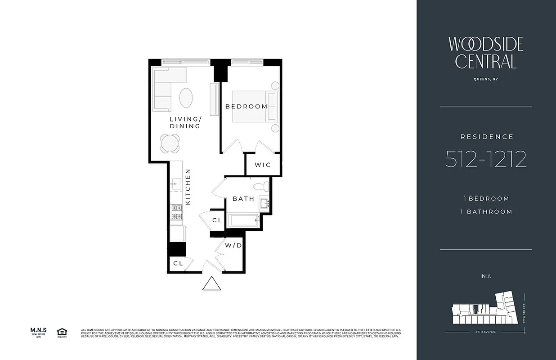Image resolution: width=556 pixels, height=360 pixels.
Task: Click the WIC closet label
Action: [x=263, y=165]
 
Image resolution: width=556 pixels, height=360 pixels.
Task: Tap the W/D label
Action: [x=234, y=246]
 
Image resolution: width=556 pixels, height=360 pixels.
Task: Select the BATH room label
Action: [x=243, y=198]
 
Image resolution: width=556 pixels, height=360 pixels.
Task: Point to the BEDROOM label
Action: [x=247, y=107]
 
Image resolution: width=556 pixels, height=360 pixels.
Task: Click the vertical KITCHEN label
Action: [x=188, y=187]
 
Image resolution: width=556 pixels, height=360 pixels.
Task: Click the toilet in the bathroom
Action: [x=260, y=186]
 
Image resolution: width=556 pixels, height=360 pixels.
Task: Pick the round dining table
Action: [x=170, y=144]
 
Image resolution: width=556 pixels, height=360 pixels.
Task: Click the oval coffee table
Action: [x=187, y=97]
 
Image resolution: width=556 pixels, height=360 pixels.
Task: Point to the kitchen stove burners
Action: [x=176, y=212]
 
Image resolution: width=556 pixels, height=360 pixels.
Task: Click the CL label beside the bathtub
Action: [x=217, y=220]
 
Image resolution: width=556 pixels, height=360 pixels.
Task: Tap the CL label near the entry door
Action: [x=178, y=263]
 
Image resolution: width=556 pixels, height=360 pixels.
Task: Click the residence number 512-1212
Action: [x=486, y=159]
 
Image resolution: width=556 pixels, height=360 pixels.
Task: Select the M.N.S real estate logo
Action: [x=39, y=332]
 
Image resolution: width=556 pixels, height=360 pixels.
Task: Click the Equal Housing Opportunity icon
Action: [x=62, y=333]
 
